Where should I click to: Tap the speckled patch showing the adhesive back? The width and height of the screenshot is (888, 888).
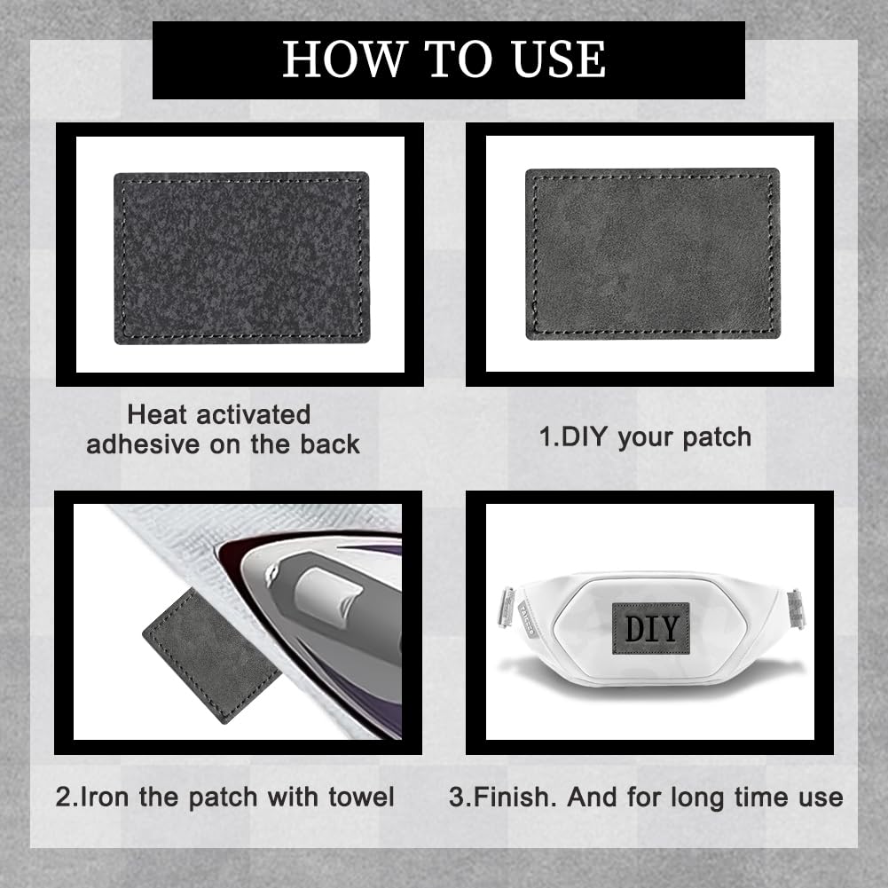(x=241, y=257)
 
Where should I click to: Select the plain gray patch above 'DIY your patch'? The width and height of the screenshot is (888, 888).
(x=652, y=254)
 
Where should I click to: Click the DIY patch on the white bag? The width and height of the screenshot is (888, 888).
(x=650, y=628)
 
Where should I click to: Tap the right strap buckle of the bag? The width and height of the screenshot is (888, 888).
(x=796, y=610)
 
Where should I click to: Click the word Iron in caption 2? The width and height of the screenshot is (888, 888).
(x=106, y=796)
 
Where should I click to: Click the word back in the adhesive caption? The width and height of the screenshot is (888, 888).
(x=329, y=444)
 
